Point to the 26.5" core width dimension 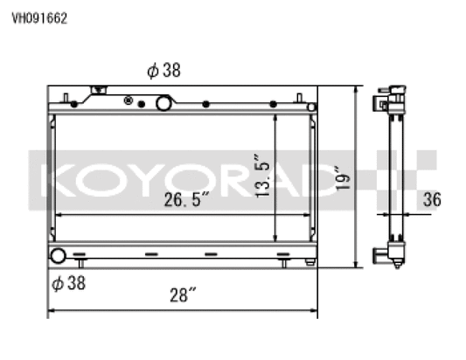[187, 199]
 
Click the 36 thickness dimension [430, 199]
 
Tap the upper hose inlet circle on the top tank [163, 103]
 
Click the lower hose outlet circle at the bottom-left [58, 257]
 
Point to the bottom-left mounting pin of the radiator [80, 262]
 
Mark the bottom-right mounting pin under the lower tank [283, 262]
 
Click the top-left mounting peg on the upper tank [66, 95]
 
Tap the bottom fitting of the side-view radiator [391, 255]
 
